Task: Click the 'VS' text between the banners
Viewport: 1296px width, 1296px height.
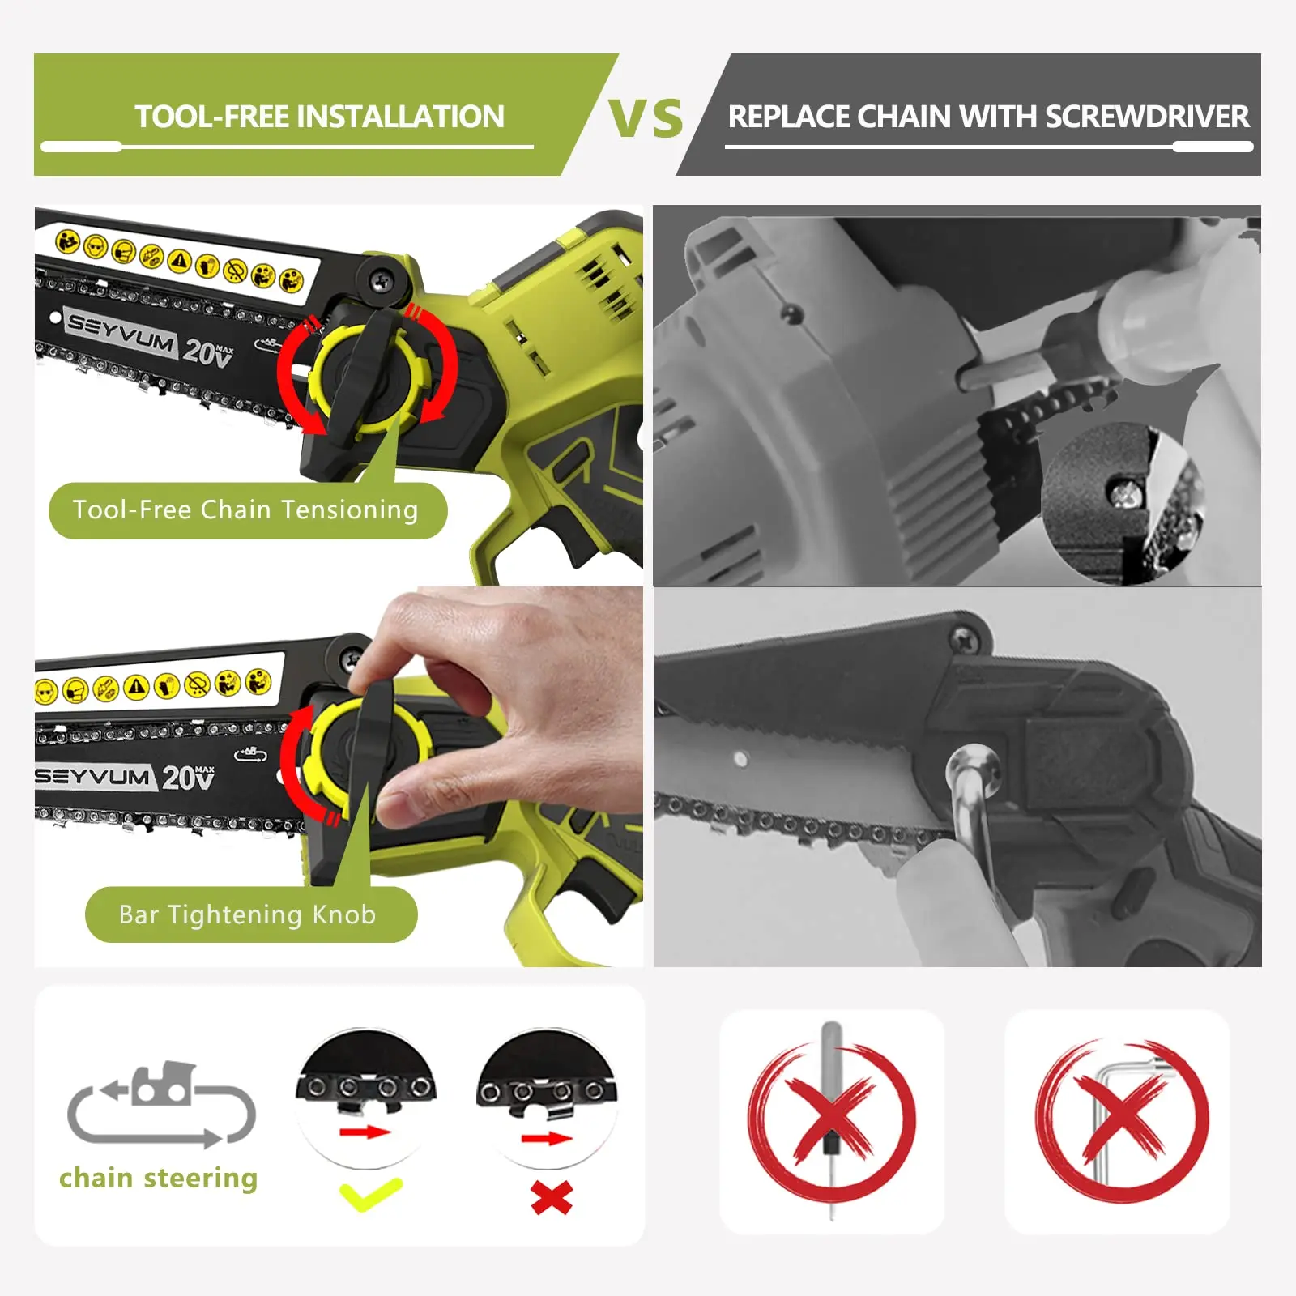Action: [x=646, y=118]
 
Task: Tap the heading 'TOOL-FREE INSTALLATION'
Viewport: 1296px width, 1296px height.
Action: [x=319, y=117]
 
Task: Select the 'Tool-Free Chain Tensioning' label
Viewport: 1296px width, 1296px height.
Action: [x=245, y=510]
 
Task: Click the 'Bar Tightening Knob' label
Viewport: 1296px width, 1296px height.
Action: [x=248, y=914]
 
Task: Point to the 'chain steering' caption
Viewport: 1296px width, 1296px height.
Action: [x=159, y=1178]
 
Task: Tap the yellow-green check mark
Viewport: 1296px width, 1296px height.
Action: [x=370, y=1195]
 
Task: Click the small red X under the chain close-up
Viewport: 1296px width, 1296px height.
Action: [x=552, y=1197]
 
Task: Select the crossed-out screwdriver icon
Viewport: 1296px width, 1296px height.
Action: [x=832, y=1122]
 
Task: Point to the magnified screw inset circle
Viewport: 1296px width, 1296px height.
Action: [x=1122, y=502]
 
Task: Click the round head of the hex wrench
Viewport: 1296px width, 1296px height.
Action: [x=972, y=769]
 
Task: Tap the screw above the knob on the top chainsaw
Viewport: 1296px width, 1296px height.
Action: [x=380, y=280]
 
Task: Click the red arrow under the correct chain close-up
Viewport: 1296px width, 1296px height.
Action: [x=364, y=1132]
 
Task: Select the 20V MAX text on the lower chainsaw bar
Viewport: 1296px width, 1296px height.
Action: [x=188, y=778]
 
